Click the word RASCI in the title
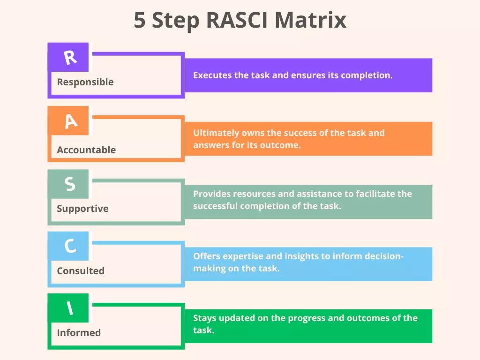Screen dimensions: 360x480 tap(238, 21)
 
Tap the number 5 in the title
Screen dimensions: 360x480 tap(140, 21)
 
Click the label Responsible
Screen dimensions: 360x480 tap(85, 82)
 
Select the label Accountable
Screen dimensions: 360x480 tap(86, 150)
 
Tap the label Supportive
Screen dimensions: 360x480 tap(82, 209)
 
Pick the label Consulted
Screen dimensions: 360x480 tap(80, 271)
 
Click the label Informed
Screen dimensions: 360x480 tap(78, 333)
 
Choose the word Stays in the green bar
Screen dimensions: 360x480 tap(204, 318)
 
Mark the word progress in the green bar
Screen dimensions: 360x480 tap(307, 318)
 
